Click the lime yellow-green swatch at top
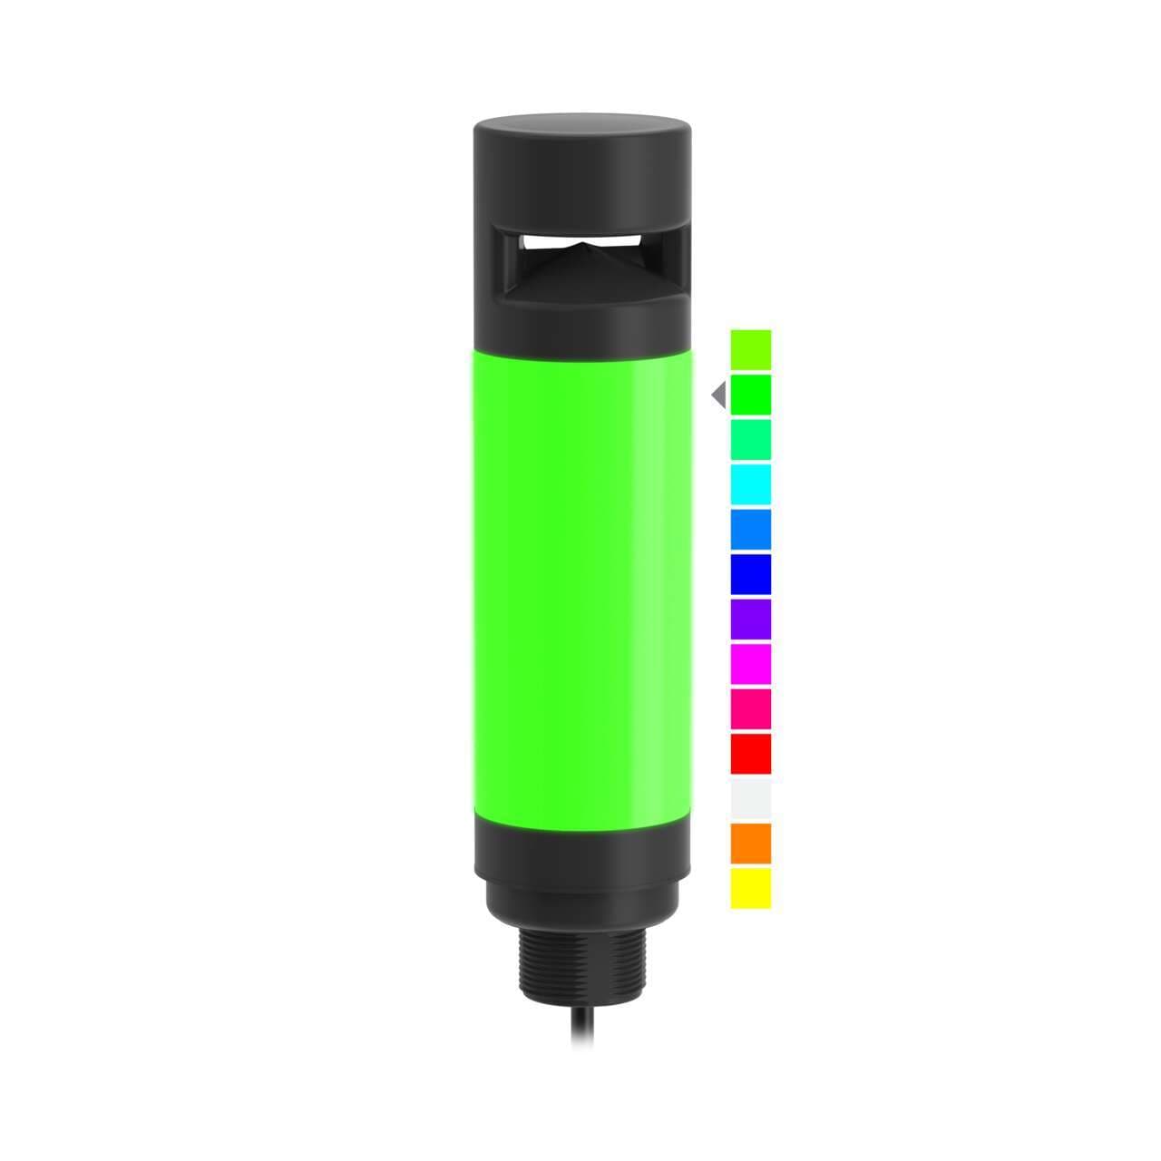(x=750, y=349)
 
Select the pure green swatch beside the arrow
(x=750, y=395)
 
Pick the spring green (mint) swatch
(x=750, y=439)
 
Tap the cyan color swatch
(x=750, y=484)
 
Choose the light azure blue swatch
(x=750, y=529)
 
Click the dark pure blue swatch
(x=750, y=574)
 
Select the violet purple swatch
(x=750, y=619)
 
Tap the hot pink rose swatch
(x=750, y=708)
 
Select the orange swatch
(x=750, y=843)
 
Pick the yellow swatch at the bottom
(x=750, y=887)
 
